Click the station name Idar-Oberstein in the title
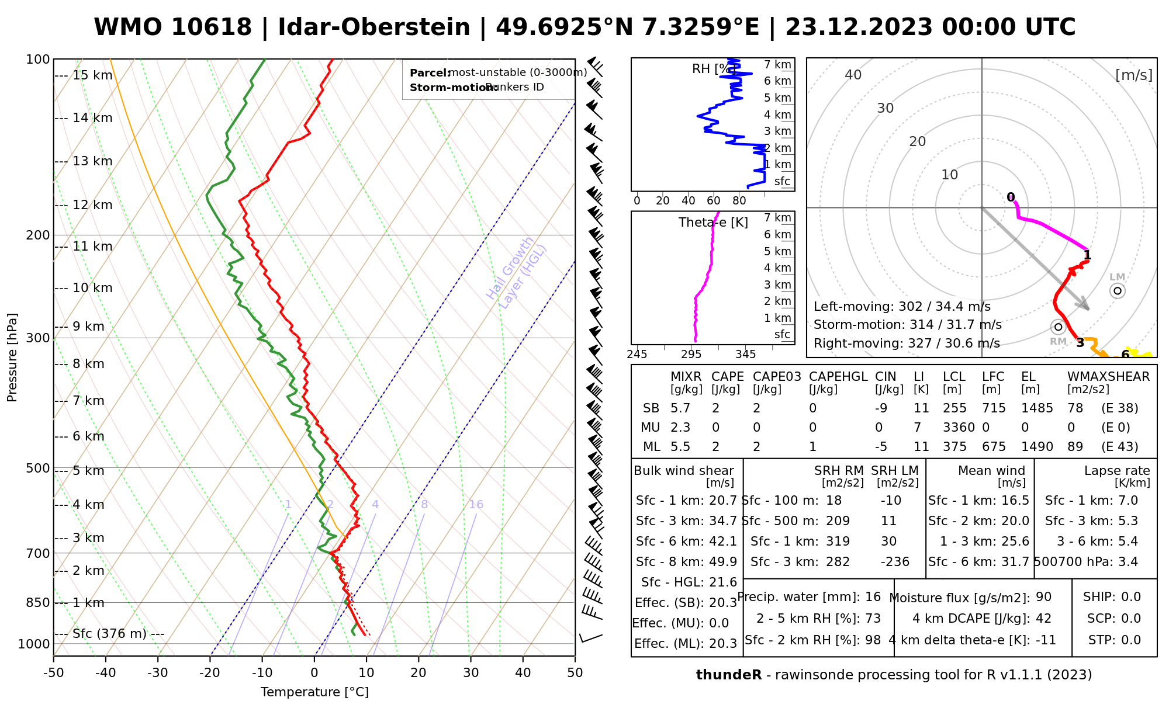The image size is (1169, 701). click(x=373, y=27)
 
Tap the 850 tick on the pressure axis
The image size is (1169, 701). click(x=38, y=602)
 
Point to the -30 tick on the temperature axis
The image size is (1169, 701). click(x=158, y=673)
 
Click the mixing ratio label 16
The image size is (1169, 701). click(x=476, y=505)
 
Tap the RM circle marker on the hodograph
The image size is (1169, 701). click(x=1058, y=327)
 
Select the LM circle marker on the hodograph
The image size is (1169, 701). click(x=1118, y=291)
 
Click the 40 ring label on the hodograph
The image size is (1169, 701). click(x=853, y=75)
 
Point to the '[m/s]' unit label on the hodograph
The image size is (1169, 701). click(x=1134, y=75)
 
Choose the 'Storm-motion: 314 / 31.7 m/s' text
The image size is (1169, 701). click(x=907, y=325)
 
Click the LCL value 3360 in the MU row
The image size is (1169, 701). click(x=959, y=428)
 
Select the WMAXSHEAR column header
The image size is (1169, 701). click(x=1108, y=377)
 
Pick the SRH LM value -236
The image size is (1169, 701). click(x=895, y=562)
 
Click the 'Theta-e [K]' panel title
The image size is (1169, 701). click(x=713, y=223)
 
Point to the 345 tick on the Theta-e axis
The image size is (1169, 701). click(x=745, y=355)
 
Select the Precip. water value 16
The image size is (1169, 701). click(x=873, y=597)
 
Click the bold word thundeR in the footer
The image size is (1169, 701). click(x=729, y=675)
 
